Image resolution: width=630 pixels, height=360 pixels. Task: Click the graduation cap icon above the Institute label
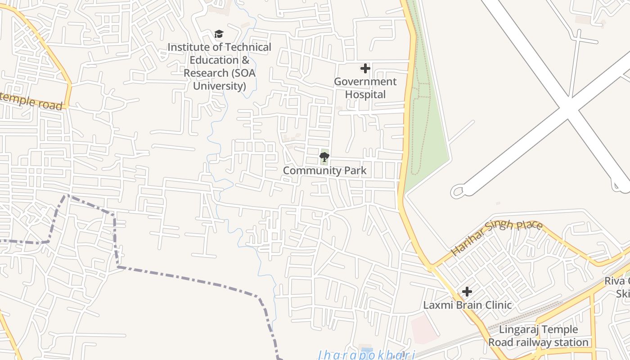pos(219,34)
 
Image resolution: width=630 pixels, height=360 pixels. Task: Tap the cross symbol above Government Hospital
pos(365,68)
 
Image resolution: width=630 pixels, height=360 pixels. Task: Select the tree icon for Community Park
pos(324,157)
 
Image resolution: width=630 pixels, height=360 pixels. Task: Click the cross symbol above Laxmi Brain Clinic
pos(467,292)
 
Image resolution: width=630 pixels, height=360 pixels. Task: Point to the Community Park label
pos(324,171)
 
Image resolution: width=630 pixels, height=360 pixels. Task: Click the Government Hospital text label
pos(365,88)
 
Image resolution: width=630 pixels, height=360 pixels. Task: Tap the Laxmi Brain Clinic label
pos(467,305)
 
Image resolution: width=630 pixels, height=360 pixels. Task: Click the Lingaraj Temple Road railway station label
pos(538,336)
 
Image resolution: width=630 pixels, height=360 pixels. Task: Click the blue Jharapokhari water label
pos(365,355)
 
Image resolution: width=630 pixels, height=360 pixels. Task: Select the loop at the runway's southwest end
pos(458,191)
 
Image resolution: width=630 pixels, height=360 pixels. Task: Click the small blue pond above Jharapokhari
pos(367,350)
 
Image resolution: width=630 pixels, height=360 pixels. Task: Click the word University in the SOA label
pos(220,85)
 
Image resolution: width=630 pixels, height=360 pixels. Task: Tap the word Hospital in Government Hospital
pos(365,94)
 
